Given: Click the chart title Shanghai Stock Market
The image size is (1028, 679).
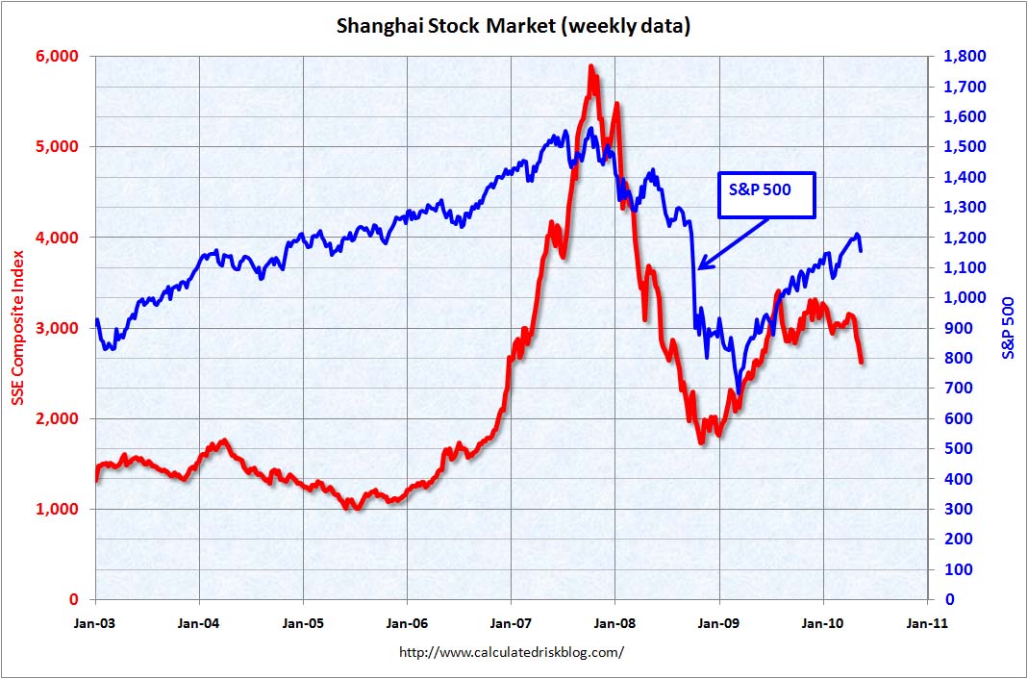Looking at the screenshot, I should coord(513,26).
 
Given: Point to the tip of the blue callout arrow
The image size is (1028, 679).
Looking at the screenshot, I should coord(699,268).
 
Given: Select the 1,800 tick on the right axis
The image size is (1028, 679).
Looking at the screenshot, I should coord(963,56).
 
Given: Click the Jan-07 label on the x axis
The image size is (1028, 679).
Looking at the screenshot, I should coord(511,622).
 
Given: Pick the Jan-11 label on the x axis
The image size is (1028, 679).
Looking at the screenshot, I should coord(925,622).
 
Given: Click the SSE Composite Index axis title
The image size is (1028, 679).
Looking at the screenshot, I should coord(18,328).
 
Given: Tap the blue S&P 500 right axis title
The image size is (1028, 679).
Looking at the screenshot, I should coord(1009,328).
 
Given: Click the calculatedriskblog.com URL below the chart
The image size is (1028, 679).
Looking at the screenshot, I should coord(512,652).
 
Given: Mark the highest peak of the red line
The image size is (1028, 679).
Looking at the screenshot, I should coord(590,66).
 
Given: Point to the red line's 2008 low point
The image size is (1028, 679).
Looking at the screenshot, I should coord(701,441).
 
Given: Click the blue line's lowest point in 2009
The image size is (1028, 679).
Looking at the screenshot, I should coord(739,390).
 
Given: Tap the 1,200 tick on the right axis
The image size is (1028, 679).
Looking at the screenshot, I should coord(963,237).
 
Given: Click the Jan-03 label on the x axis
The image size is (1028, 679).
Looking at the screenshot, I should coord(95,622).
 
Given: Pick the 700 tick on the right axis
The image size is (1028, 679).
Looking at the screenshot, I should coord(958,388).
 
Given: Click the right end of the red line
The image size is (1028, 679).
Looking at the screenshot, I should coord(862,362).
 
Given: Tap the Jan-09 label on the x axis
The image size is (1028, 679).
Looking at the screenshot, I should coord(718,622).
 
